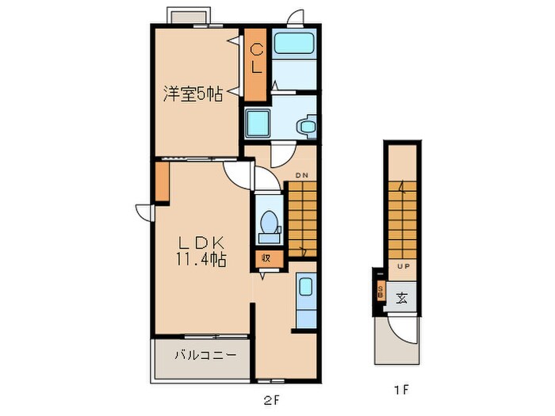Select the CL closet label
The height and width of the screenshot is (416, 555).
point(255,59)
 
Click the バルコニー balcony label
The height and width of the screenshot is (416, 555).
point(205,356)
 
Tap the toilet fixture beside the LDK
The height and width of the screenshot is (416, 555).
point(269,224)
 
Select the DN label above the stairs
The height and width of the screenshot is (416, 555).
point(301,174)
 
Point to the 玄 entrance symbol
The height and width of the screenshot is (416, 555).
point(402,299)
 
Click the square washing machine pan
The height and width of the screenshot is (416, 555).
point(258,123)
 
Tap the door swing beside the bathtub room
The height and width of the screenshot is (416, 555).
point(295,17)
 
